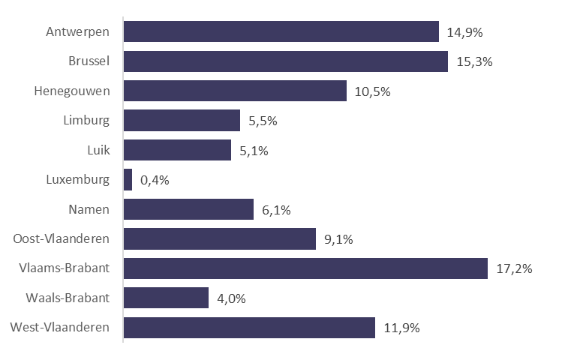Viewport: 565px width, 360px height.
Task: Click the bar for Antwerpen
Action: click(281, 31)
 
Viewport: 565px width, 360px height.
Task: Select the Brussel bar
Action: click(286, 61)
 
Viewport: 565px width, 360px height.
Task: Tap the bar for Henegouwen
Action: click(235, 91)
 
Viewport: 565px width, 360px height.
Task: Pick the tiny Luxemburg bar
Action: click(128, 179)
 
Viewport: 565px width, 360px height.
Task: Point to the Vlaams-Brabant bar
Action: click(305, 268)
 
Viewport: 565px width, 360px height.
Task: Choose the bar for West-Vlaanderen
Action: click(249, 328)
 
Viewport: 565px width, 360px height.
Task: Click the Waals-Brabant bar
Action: click(166, 298)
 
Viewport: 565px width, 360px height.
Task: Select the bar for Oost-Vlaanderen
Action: click(220, 238)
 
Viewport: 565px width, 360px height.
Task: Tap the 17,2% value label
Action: click(514, 268)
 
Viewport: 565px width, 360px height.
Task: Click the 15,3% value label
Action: click(474, 61)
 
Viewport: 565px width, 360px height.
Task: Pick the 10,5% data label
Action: click(373, 91)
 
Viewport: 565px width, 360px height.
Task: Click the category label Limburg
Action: click(86, 120)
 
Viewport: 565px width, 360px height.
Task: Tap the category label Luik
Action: click(98, 150)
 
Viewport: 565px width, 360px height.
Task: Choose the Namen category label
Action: click(90, 209)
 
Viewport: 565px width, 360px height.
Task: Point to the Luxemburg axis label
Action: click(78, 180)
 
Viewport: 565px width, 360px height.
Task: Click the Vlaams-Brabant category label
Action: click(67, 268)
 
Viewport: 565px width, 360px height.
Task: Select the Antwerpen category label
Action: click(77, 31)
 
